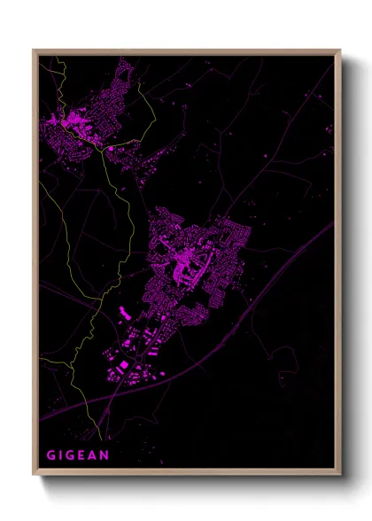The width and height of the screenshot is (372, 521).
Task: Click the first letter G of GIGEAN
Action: pyautogui.click(x=51, y=455)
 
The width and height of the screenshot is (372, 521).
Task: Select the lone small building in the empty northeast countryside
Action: pyautogui.click(x=265, y=157)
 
